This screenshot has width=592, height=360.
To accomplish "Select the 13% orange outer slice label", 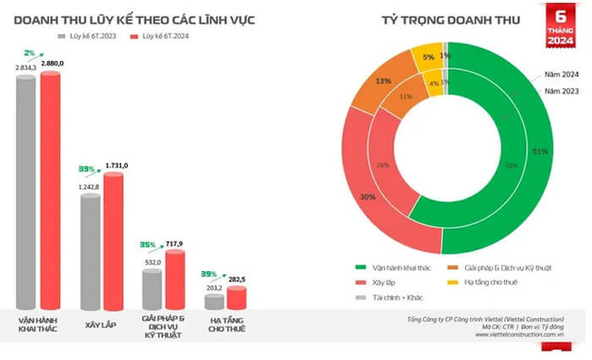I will (383, 81).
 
